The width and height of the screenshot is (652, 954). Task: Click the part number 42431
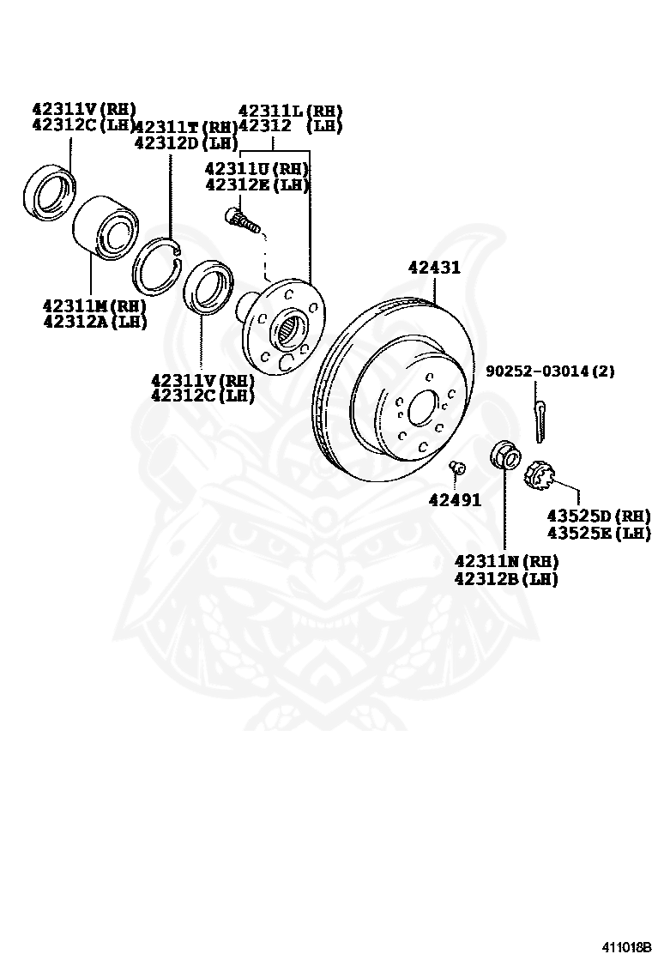434,268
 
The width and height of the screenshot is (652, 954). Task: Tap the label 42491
455,500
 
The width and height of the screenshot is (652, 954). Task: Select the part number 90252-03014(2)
550,371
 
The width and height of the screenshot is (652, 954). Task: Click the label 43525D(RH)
599,516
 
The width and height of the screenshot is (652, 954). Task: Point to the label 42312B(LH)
506,579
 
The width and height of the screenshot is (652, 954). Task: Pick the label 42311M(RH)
94,305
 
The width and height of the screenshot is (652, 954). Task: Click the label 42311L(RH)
290,111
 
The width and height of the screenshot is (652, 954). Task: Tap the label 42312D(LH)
185,142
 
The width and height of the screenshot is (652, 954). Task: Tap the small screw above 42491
456,468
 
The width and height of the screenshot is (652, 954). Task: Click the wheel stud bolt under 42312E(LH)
243,219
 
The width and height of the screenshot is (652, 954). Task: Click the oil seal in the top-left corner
48,190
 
